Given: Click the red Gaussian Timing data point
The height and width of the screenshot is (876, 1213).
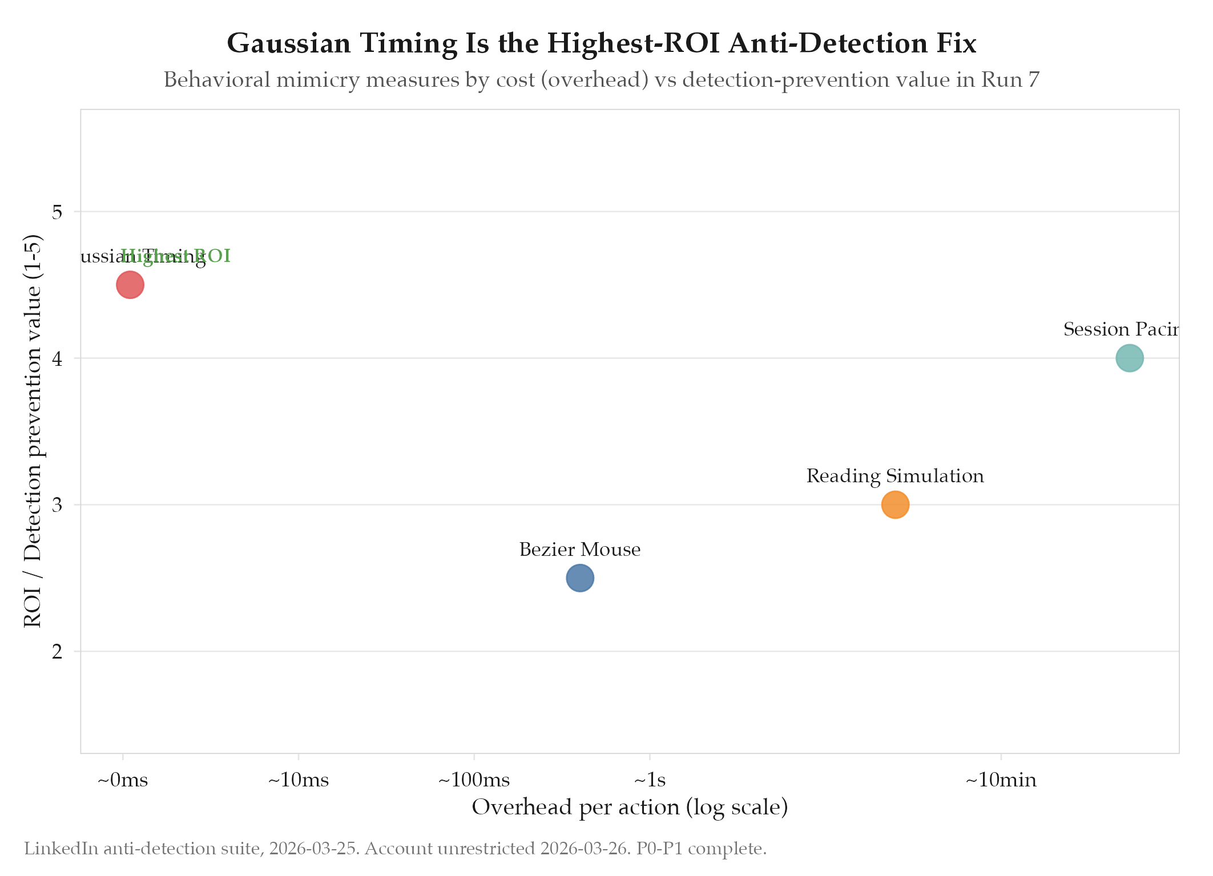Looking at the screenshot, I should point(130,285).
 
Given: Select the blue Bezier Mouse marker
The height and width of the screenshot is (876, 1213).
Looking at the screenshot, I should point(580,578).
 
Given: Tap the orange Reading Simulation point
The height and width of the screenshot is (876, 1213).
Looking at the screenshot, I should point(895,504).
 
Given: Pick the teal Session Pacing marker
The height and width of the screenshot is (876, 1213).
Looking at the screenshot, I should point(1129,358).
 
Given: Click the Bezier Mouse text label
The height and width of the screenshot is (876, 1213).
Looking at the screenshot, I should point(580,550).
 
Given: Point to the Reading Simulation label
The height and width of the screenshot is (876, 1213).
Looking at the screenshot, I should point(895,476).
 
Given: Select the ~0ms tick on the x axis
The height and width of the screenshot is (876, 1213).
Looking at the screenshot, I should point(123,780).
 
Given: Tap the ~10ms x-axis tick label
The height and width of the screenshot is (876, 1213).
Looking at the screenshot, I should point(299,780).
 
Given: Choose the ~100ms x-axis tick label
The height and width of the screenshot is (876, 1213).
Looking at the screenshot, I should point(474,780).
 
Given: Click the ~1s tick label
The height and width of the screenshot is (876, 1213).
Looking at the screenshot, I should point(650,780).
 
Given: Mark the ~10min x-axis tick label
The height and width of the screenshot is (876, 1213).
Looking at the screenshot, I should point(1001,780).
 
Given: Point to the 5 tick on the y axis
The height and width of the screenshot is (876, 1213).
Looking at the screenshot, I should point(57,212).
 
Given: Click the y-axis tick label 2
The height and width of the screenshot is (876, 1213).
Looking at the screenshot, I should point(57,652).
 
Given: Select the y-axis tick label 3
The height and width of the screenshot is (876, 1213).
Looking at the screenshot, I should point(57,505).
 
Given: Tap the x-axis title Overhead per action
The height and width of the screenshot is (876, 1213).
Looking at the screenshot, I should point(630,808).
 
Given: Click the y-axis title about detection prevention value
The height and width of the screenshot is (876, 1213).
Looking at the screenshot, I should point(33,431).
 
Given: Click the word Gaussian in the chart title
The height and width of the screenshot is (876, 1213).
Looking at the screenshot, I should point(289,43).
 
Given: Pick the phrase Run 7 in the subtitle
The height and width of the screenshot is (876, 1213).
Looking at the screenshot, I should point(1010,80).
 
